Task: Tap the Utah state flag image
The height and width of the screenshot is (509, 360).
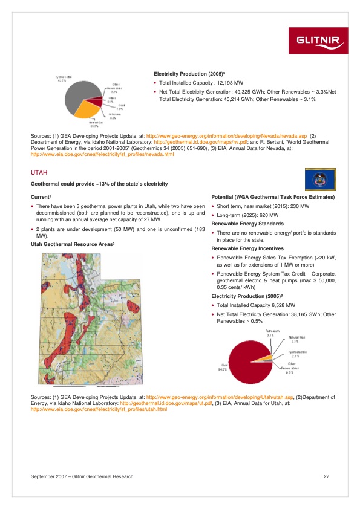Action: click(319, 178)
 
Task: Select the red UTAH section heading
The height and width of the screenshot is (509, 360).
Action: click(39, 173)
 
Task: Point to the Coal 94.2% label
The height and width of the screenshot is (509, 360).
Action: click(223, 366)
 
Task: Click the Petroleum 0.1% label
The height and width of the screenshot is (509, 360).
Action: click(272, 333)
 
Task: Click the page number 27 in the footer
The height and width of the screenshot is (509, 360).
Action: click(326, 478)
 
